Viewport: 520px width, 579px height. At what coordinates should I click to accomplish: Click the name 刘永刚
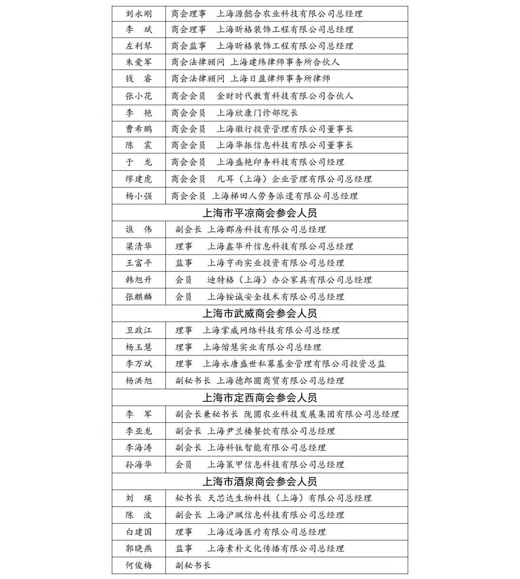click(x=139, y=14)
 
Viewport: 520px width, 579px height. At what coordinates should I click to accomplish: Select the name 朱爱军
click(x=139, y=62)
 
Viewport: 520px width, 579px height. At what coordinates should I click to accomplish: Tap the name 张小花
click(x=139, y=96)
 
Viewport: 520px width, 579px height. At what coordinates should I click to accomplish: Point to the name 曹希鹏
click(x=139, y=129)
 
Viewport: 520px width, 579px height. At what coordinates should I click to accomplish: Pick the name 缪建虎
click(x=139, y=179)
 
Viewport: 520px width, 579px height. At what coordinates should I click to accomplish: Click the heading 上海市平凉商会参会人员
click(x=260, y=213)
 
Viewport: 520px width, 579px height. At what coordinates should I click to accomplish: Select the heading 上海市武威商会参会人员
click(x=260, y=314)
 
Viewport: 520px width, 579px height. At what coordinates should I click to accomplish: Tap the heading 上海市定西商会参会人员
click(x=260, y=398)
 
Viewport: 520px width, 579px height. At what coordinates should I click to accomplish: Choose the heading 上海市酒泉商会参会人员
click(x=260, y=482)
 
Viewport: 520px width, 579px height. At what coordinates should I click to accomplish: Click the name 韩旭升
click(x=139, y=280)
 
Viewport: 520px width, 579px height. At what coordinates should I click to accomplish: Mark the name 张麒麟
click(x=139, y=297)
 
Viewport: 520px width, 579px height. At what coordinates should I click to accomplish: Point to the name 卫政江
click(x=139, y=331)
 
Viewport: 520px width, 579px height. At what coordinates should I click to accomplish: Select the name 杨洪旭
click(x=139, y=381)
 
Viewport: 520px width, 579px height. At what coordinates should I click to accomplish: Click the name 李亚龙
click(x=139, y=431)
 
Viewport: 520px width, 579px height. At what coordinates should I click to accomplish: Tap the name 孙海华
click(x=139, y=465)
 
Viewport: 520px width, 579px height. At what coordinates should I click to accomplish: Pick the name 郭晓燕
click(x=139, y=549)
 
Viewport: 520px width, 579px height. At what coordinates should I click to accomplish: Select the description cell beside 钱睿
click(x=251, y=79)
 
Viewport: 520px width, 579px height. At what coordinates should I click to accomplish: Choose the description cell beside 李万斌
click(x=280, y=364)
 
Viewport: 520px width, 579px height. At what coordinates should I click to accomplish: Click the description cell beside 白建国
click(x=251, y=532)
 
